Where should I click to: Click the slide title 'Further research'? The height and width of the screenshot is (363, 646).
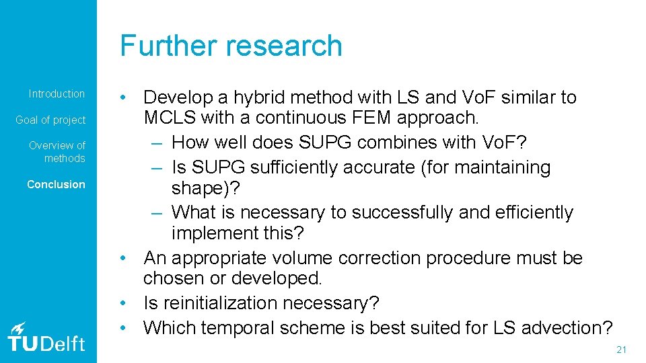231,46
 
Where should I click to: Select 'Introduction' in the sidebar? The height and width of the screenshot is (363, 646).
57,93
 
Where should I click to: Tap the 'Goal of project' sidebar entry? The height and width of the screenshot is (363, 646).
51,120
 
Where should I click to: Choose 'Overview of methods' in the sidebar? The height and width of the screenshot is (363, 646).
57,152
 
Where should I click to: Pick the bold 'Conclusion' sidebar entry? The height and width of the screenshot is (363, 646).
56,184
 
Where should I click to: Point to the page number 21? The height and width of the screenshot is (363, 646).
621,350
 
